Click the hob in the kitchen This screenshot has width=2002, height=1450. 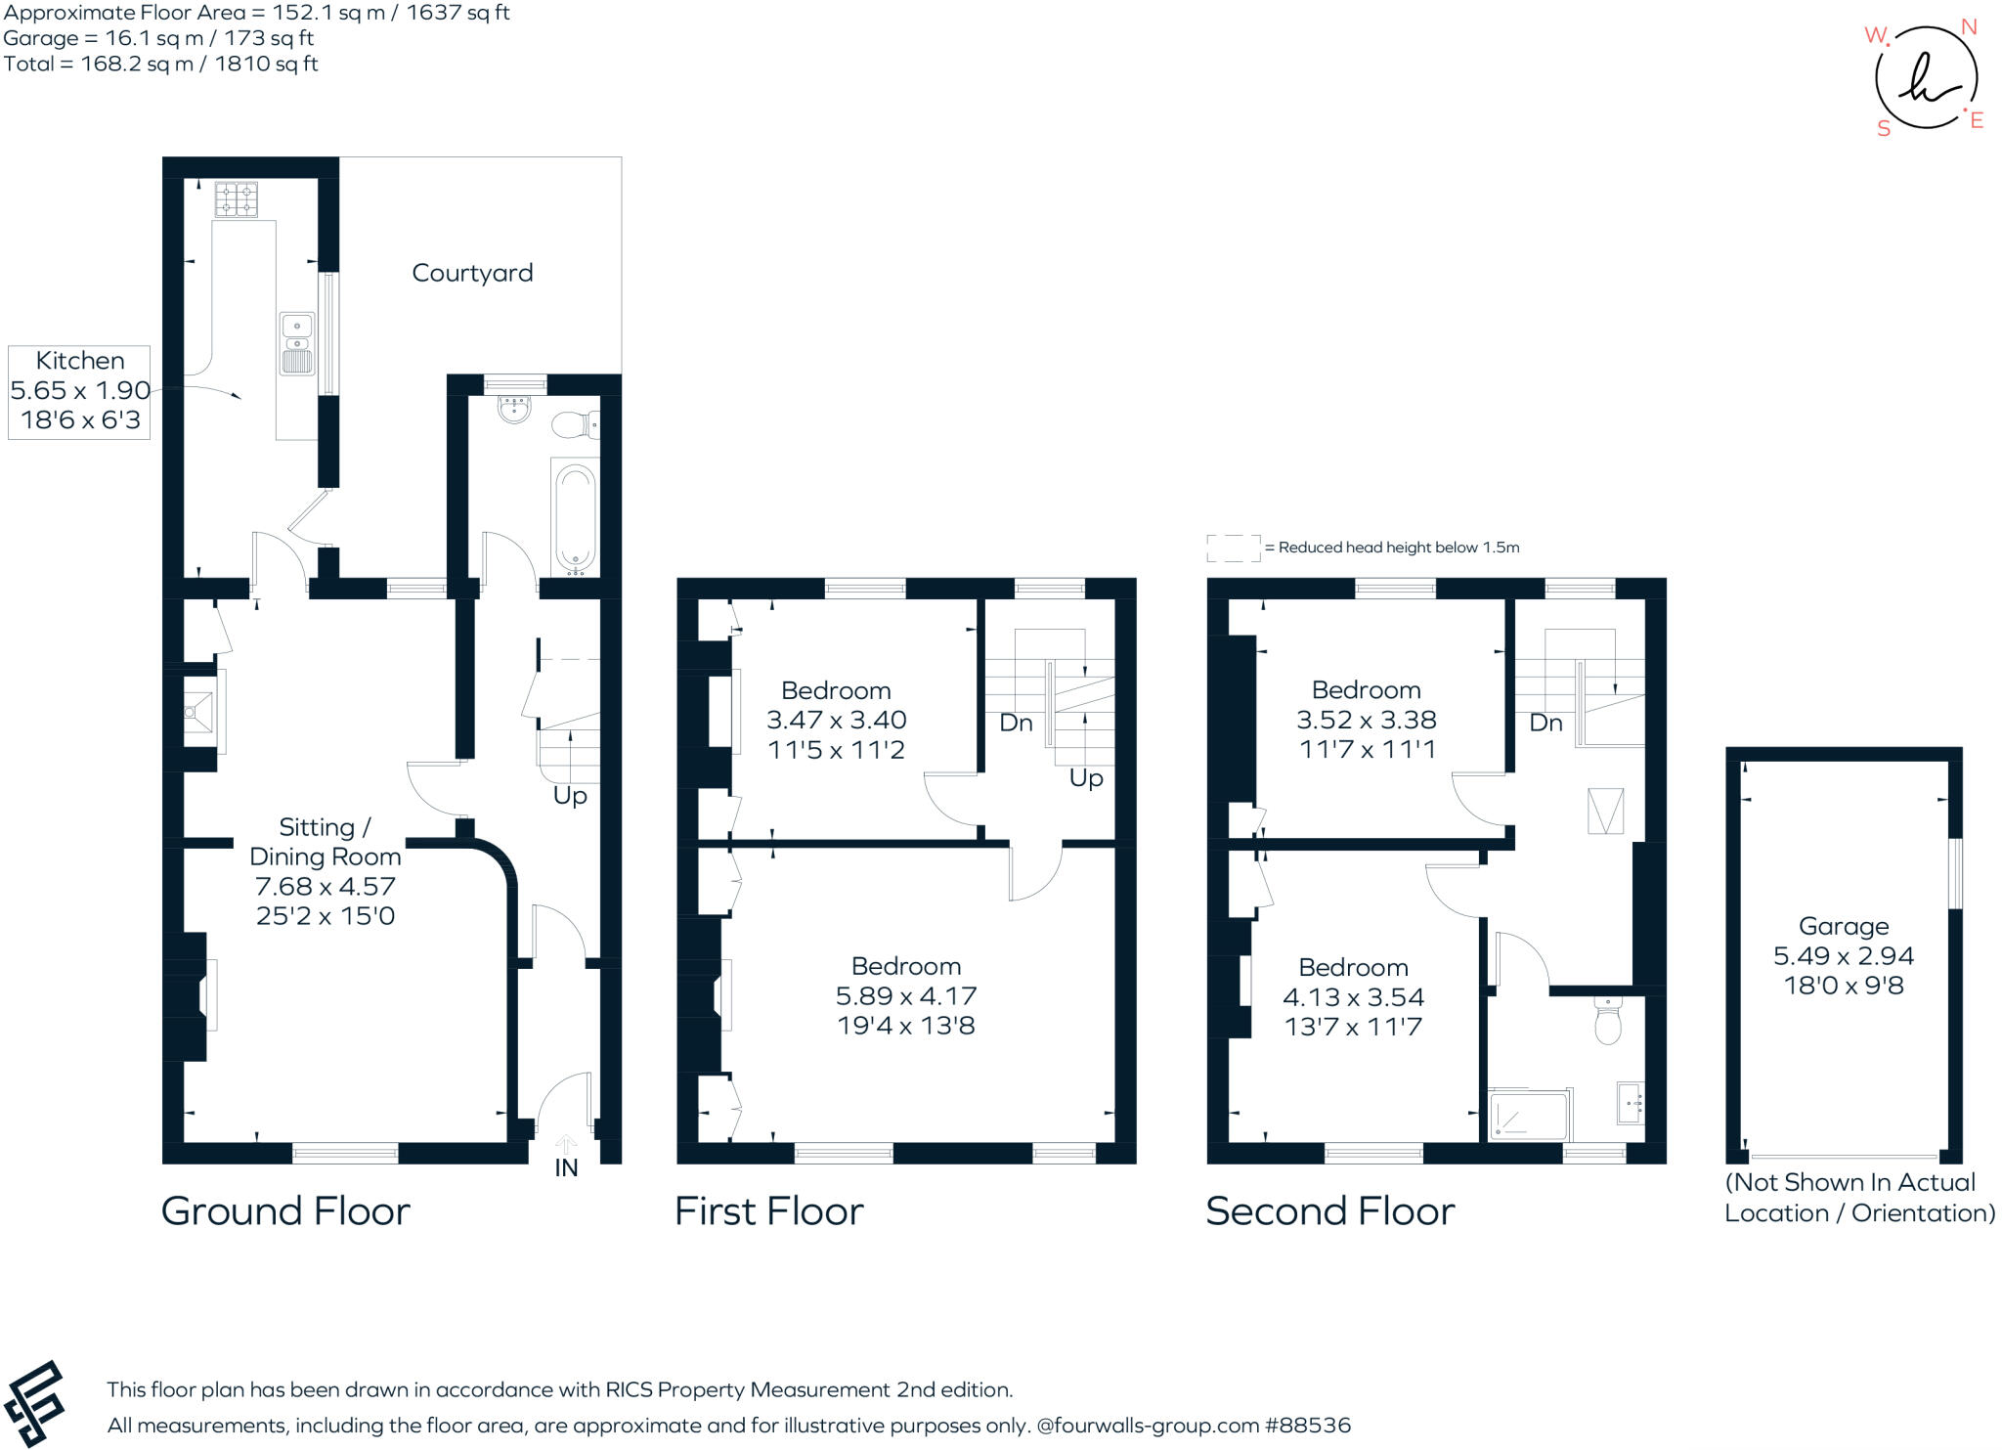tap(237, 198)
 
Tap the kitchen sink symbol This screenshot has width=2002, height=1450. tap(297, 343)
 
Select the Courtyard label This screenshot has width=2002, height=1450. tap(472, 273)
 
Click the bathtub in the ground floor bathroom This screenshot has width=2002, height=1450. tap(574, 519)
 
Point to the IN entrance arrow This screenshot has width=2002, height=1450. tap(566, 1144)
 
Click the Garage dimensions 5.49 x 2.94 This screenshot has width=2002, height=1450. tap(1843, 955)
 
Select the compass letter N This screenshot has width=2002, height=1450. tap(1969, 27)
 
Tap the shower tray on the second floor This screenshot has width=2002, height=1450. tap(1526, 1116)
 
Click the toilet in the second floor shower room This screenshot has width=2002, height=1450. tap(1607, 1022)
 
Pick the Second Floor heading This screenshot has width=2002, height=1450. tap(1329, 1211)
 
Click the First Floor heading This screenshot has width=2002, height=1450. tap(768, 1211)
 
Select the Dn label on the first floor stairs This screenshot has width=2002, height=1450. tap(1016, 723)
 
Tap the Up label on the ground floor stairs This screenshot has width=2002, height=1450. tap(570, 795)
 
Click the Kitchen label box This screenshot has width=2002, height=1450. tap(80, 391)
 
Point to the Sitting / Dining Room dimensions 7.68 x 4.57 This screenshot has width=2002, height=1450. tap(325, 887)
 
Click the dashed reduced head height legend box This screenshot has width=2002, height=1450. tap(1233, 548)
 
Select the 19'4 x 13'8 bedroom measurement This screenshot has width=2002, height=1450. tap(905, 1026)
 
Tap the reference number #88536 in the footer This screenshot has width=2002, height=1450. tap(1308, 1426)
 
